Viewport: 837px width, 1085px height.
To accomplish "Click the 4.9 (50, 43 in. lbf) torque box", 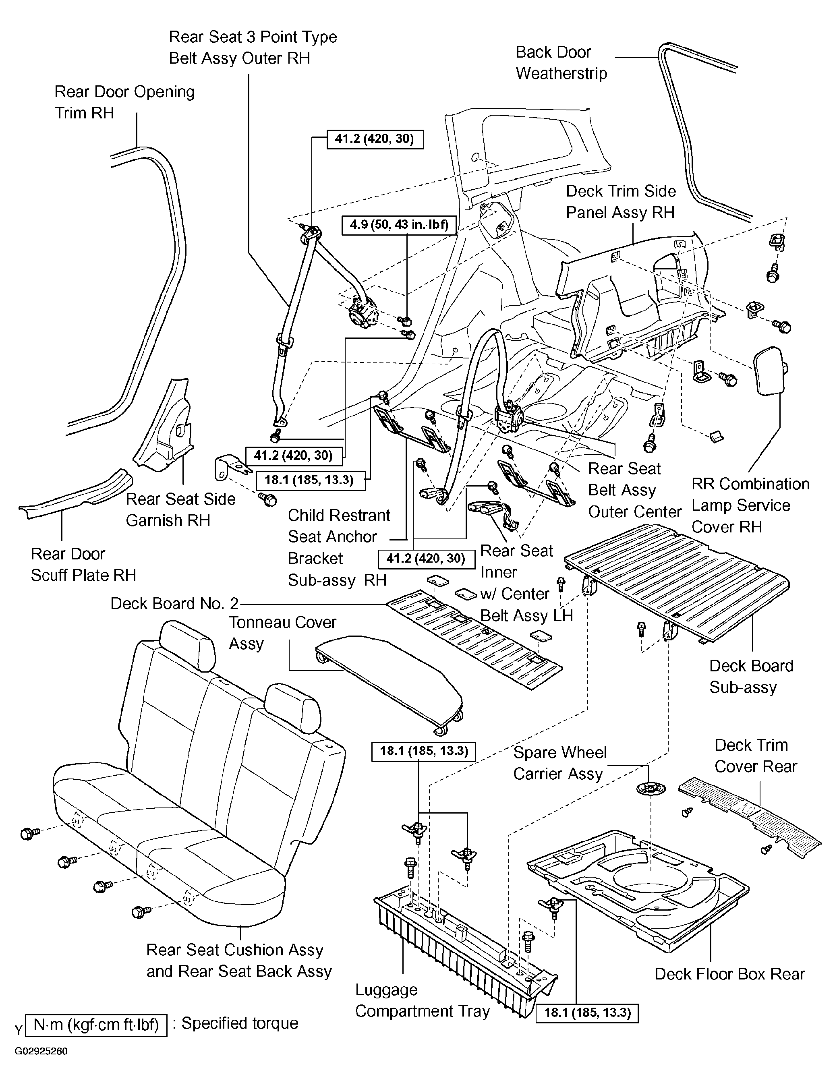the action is click(x=399, y=225).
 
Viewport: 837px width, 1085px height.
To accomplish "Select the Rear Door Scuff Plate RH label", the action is click(x=83, y=564).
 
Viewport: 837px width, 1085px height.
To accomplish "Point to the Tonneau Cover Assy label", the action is click(x=282, y=633).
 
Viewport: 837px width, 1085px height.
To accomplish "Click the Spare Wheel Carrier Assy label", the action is click(x=560, y=763).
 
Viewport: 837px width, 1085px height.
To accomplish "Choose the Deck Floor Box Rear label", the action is click(x=729, y=974).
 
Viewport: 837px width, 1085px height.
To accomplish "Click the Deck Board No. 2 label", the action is click(x=174, y=604).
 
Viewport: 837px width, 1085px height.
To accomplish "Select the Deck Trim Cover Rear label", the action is click(x=755, y=756).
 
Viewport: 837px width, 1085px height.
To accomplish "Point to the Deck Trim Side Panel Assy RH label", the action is click(x=621, y=202).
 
